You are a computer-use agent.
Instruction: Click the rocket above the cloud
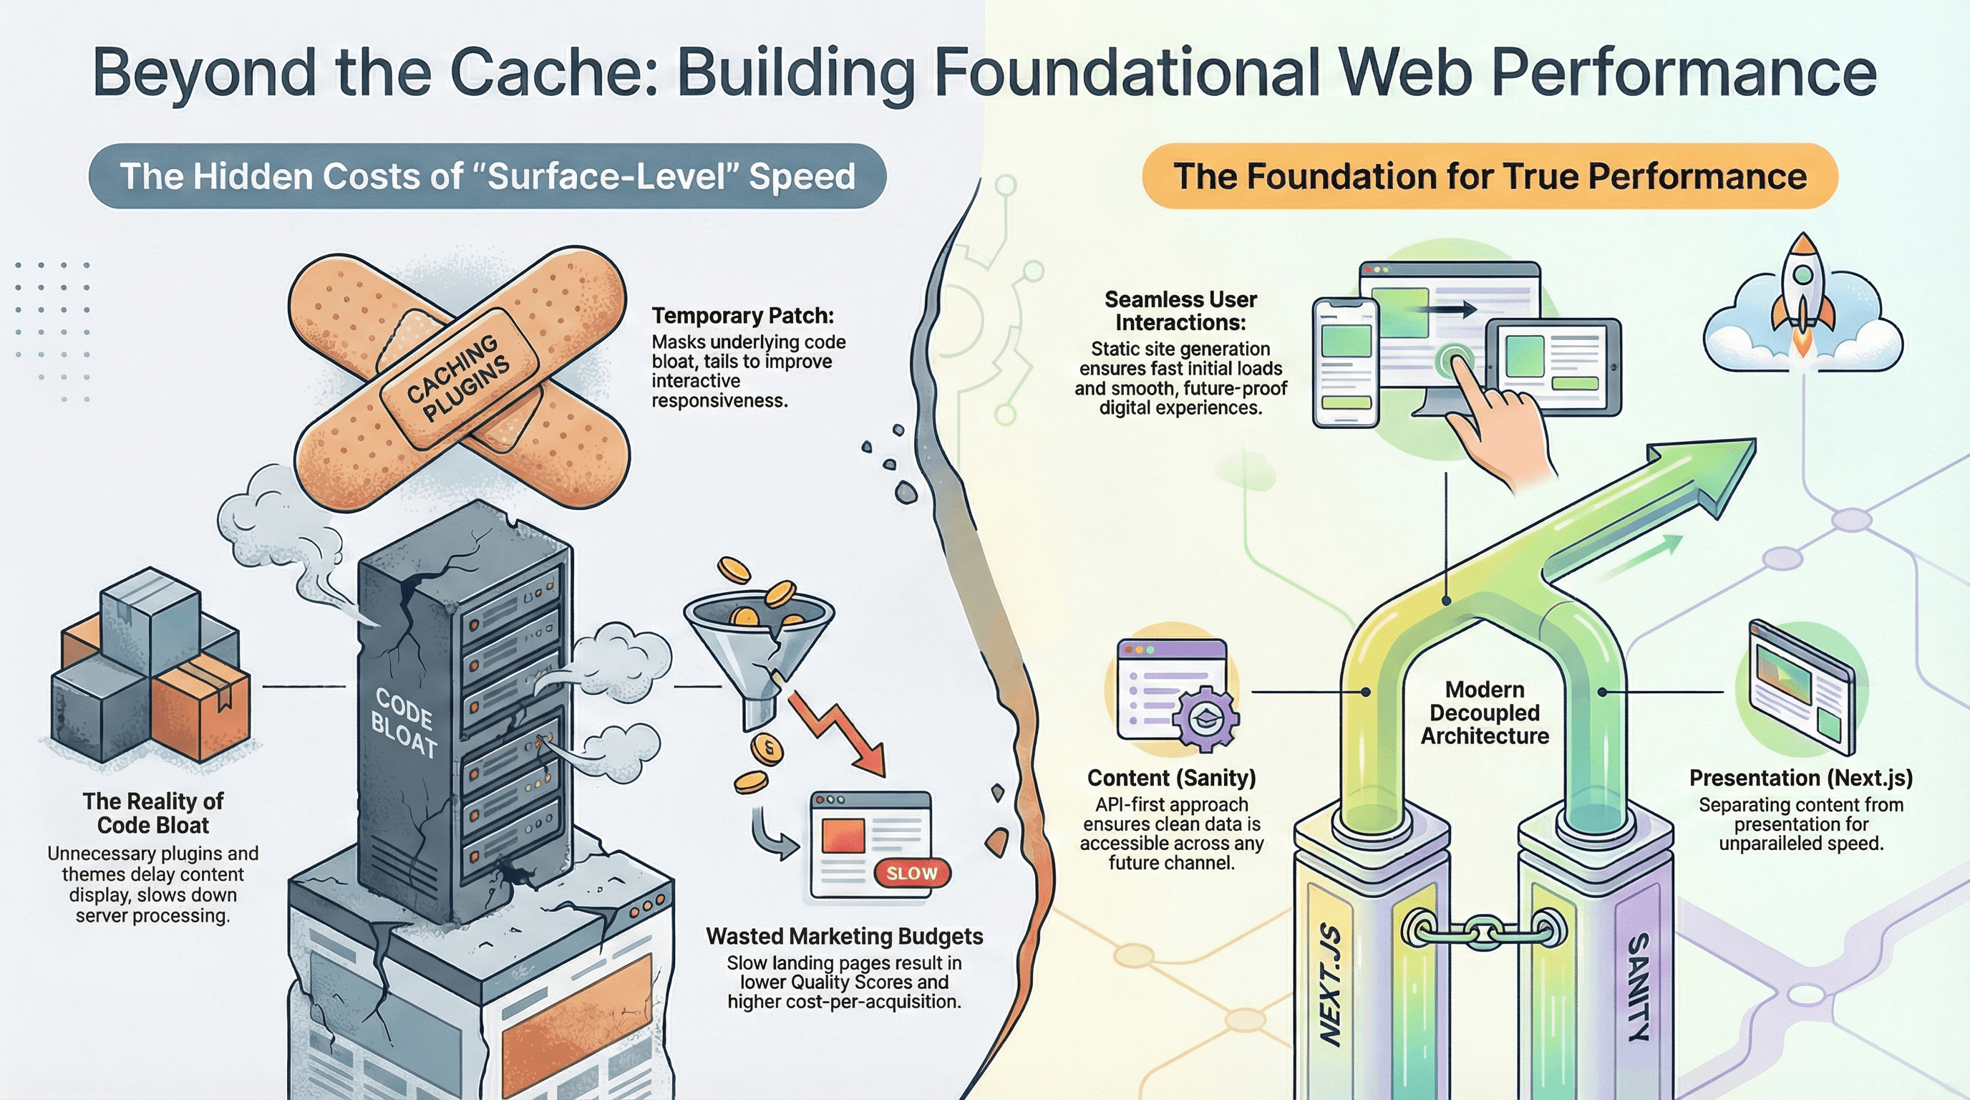[x=1802, y=294]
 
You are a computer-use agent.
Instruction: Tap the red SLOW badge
[x=911, y=874]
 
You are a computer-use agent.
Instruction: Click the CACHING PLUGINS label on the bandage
[x=457, y=378]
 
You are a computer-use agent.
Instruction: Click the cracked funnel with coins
[x=757, y=642]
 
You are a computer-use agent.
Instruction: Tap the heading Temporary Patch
[x=742, y=316]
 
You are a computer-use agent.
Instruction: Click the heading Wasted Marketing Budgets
[x=843, y=936]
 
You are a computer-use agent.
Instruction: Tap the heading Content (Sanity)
[x=1171, y=778]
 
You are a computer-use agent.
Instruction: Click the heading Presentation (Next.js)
[x=1800, y=778]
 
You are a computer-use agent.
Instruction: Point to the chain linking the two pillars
[x=1484, y=932]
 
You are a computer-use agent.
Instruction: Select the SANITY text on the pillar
[x=1636, y=987]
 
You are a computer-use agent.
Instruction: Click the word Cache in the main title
[x=553, y=72]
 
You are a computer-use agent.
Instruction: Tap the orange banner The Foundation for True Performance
[x=1489, y=176]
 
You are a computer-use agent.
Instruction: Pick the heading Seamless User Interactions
[x=1180, y=311]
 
